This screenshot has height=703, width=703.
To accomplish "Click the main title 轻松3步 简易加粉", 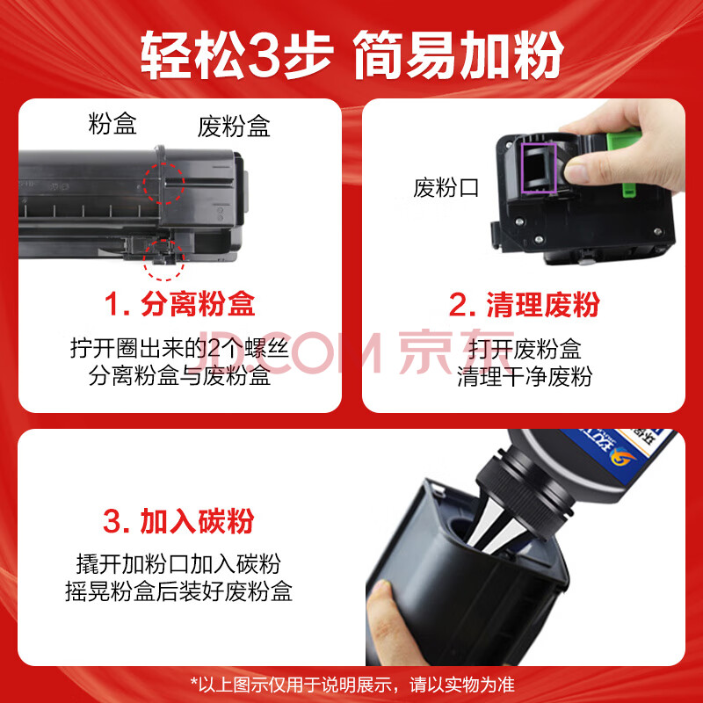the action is (352, 54).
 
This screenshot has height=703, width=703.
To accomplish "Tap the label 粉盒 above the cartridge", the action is (112, 123).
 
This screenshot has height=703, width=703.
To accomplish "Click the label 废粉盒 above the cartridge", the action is (234, 126).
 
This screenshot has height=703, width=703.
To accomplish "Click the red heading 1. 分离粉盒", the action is (180, 304).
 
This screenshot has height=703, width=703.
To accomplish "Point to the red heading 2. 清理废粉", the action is (524, 304).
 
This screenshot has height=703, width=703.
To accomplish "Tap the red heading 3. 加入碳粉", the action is (178, 521).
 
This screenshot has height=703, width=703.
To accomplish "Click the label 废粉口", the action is (446, 187).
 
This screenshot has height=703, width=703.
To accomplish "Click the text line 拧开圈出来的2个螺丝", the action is (179, 348).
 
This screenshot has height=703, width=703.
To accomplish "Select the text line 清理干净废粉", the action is (525, 376).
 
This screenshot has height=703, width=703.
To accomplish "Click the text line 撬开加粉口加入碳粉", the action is (178, 563).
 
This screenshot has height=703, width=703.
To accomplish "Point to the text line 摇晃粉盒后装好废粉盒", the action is (178, 591).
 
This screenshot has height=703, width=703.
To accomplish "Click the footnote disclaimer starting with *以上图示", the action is (352, 685).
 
